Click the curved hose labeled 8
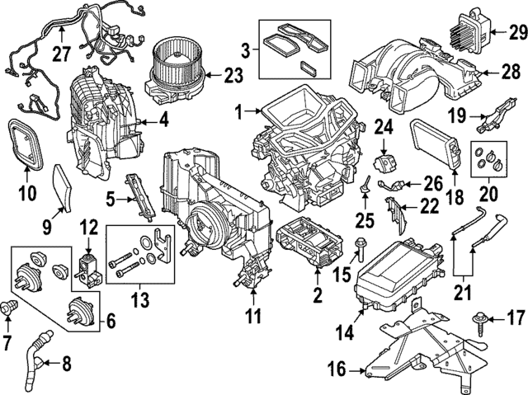[38, 355]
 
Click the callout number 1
[238, 111]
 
